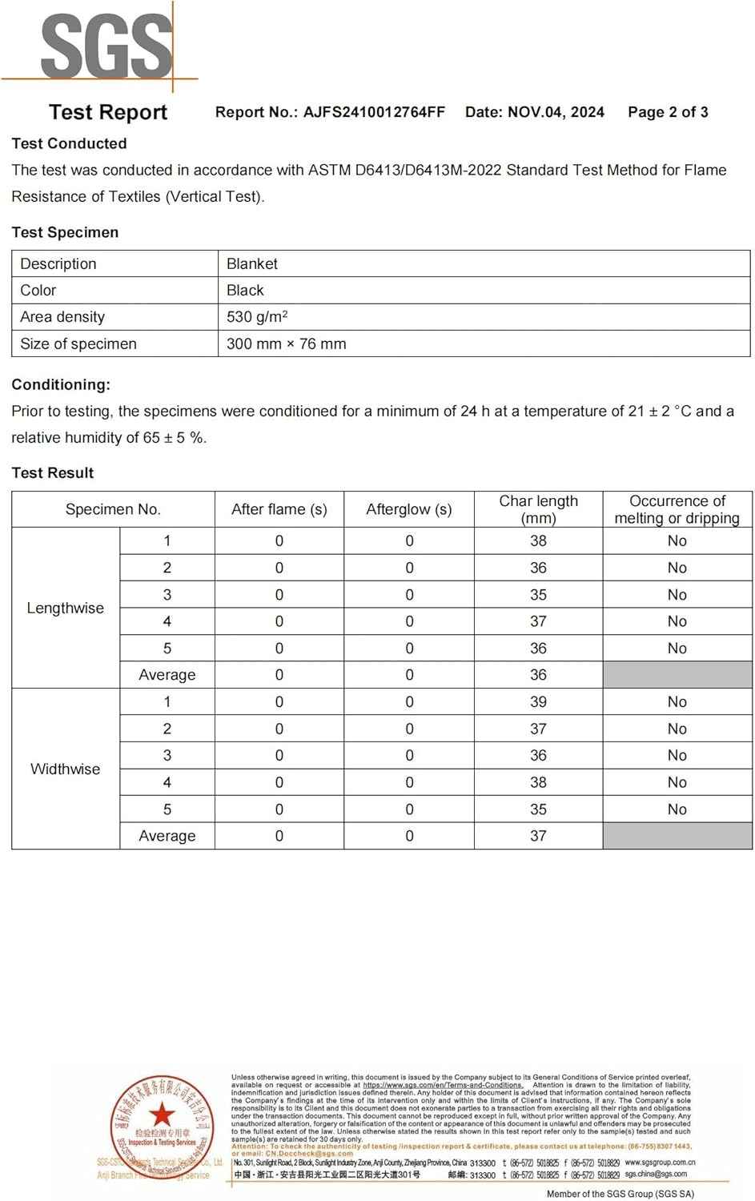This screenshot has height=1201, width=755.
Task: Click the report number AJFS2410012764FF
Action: (373, 112)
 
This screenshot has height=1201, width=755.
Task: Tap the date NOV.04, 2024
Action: (556, 112)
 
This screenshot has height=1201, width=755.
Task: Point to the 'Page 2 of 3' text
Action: (668, 112)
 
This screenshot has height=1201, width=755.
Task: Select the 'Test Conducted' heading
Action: (69, 143)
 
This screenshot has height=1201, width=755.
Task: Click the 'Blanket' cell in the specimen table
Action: (252, 263)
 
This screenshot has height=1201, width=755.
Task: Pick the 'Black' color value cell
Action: (245, 290)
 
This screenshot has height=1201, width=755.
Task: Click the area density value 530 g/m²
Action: (257, 316)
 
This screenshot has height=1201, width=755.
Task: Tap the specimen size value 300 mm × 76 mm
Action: (286, 343)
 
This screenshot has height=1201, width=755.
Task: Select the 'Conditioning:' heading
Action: (61, 384)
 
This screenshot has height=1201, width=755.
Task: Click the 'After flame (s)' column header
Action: (279, 509)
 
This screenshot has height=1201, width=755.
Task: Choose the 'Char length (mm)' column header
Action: (538, 509)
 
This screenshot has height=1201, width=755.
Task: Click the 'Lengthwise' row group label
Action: (66, 608)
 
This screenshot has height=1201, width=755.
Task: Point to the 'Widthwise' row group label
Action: (66, 769)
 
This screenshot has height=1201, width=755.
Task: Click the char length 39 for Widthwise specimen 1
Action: (538, 702)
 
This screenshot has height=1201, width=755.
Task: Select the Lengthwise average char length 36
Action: (538, 675)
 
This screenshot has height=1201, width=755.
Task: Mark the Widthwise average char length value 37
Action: (538, 836)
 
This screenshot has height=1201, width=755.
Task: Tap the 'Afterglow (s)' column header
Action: (408, 509)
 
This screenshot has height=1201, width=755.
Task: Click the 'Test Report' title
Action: (108, 112)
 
